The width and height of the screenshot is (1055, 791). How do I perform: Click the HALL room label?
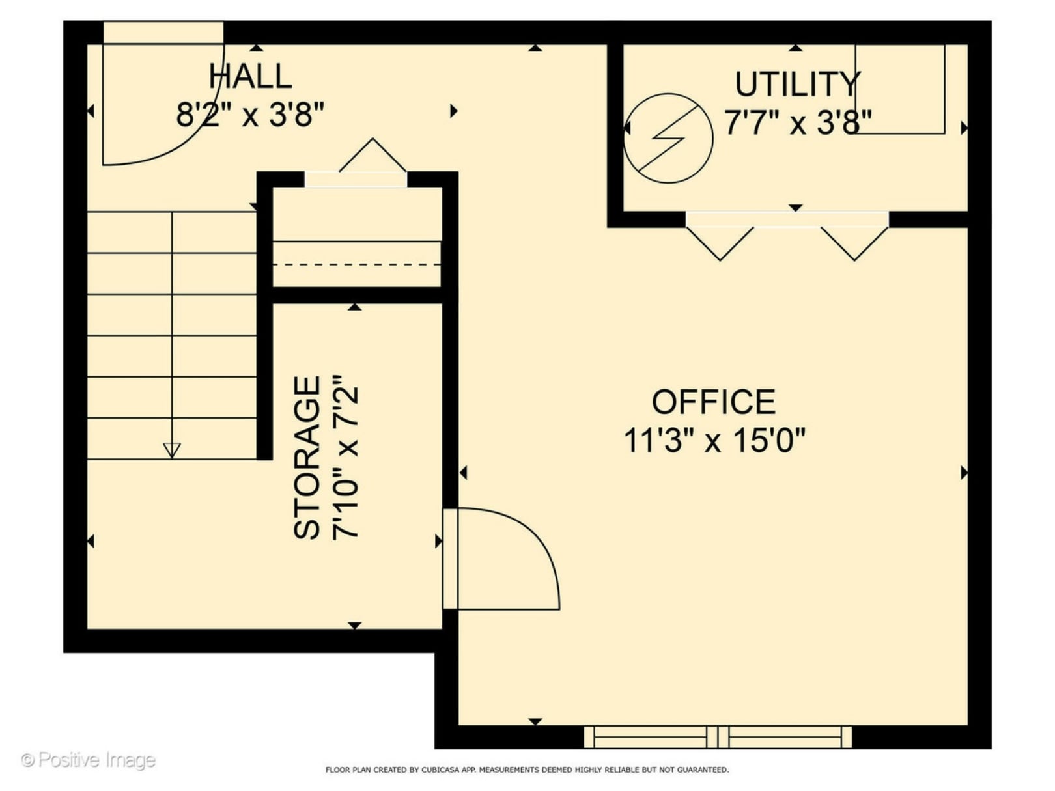[x=250, y=77]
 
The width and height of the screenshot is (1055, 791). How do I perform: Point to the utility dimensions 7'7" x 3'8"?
[x=798, y=122]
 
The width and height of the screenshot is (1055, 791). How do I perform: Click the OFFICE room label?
[x=714, y=402]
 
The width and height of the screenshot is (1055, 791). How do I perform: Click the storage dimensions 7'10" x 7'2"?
[x=346, y=458]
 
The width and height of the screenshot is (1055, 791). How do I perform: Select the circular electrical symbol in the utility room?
[x=668, y=139]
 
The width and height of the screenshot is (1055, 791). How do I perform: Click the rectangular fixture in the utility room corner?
[x=900, y=89]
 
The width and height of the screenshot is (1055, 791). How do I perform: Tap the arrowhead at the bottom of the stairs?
[x=172, y=450]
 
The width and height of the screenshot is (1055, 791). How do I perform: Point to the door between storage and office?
[x=501, y=560]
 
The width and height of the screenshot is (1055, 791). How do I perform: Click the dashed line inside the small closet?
[x=356, y=264]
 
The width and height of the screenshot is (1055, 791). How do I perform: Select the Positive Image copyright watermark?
[x=88, y=760]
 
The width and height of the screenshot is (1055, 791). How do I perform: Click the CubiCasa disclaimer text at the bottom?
[x=527, y=770]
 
